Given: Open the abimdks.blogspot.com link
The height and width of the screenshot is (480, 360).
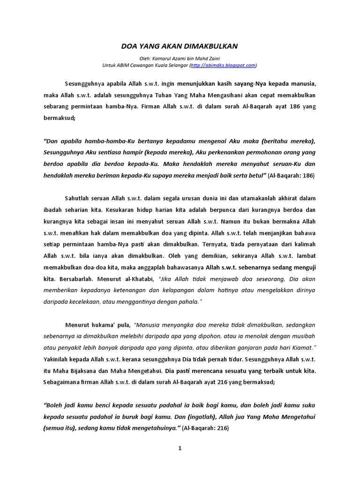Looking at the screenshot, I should [223, 65].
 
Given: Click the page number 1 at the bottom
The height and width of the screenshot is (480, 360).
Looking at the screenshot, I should [180, 448].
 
